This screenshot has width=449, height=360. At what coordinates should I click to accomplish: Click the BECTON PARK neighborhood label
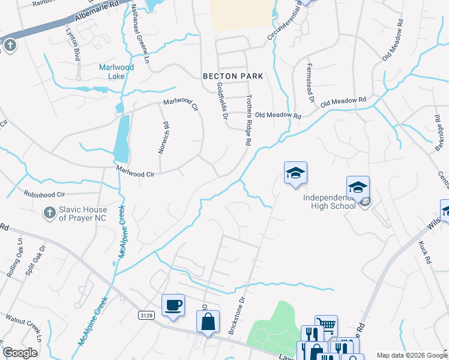(x=233, y=76)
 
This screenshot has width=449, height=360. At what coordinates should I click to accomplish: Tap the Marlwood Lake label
(x=116, y=71)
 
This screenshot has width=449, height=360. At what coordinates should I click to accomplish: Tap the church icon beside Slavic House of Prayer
(x=50, y=212)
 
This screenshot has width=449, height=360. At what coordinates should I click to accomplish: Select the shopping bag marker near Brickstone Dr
(x=208, y=322)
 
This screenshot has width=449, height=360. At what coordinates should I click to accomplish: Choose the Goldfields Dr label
(x=222, y=100)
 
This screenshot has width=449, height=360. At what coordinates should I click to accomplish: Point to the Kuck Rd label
(x=427, y=253)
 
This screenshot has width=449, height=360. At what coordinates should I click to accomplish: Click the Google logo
(x=20, y=353)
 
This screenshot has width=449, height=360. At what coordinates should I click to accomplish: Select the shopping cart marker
(x=326, y=326)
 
